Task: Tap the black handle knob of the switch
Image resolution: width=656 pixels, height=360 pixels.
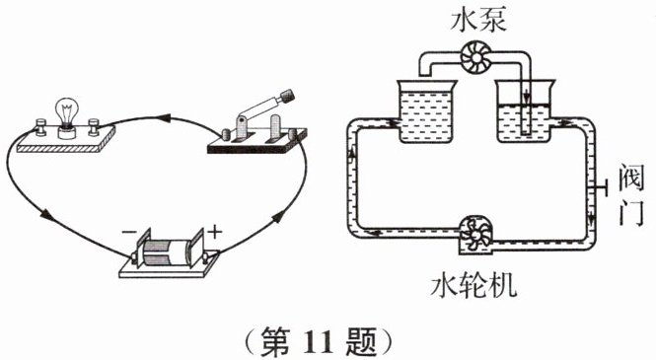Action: pos(287,96)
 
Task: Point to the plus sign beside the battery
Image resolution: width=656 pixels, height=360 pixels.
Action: pos(215,231)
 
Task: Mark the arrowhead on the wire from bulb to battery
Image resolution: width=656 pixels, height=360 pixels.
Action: pos(46,215)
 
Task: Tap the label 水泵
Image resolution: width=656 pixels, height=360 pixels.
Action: pos(478,20)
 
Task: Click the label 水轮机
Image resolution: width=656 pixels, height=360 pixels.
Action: pos(474,286)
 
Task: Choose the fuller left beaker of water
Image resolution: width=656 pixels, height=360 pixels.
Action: pos(426,111)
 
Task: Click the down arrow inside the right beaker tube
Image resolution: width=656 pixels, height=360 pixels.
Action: pos(527,98)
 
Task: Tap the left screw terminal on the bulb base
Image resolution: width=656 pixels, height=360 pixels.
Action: pos(40,127)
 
